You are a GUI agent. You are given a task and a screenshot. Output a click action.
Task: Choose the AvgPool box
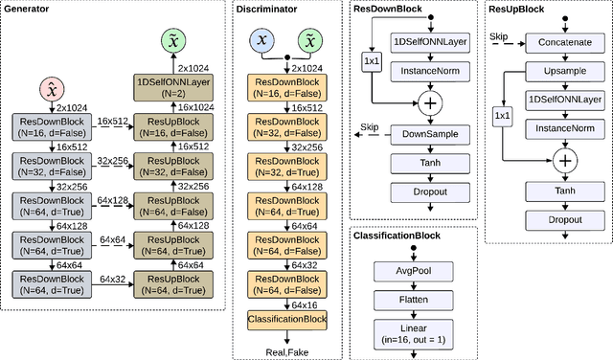point(413,269)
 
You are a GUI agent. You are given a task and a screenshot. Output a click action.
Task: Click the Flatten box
point(413,300)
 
